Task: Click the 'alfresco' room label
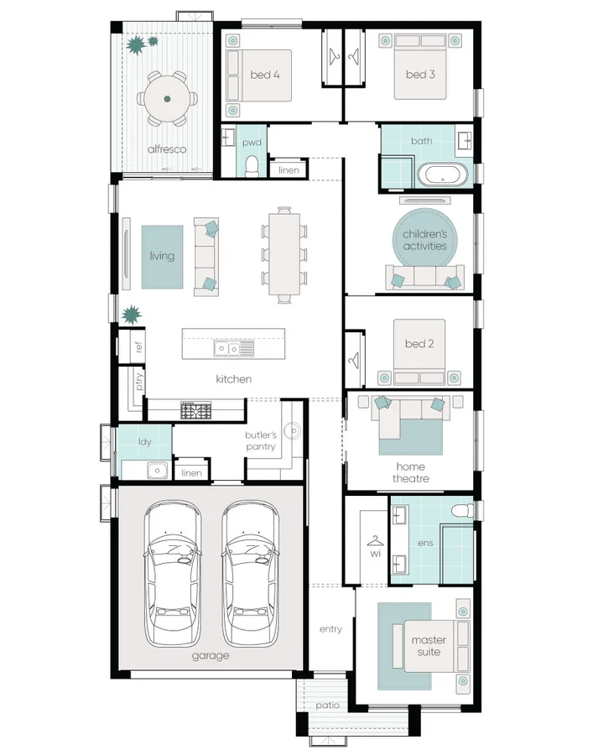point(167,149)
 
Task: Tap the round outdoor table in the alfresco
point(167,99)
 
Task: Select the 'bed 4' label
point(265,75)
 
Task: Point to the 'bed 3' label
point(420,74)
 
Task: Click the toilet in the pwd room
point(252,165)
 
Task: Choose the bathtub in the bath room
point(442,174)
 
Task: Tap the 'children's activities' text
point(424,240)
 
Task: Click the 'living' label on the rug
point(162,256)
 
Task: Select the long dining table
point(284,254)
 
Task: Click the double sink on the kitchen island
point(234,348)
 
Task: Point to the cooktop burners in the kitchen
point(196,409)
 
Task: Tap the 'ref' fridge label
point(138,346)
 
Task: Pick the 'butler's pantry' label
point(261,440)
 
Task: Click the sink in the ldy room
point(158,470)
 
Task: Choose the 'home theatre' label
point(411,472)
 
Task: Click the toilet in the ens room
point(462,510)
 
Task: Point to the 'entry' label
point(330,629)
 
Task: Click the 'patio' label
point(327,705)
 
